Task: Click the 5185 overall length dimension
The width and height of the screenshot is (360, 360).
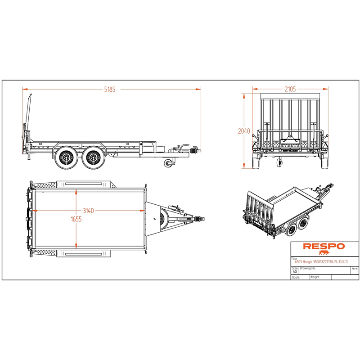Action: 110,89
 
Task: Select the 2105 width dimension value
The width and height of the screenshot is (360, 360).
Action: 290,89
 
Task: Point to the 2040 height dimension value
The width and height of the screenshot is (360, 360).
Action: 244,131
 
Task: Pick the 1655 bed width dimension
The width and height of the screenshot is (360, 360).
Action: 76,220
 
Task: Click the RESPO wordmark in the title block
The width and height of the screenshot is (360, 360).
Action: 324,246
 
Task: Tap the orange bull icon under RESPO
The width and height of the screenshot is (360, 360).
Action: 324,253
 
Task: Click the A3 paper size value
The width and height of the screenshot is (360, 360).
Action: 295,272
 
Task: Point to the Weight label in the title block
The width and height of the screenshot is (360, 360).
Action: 315,277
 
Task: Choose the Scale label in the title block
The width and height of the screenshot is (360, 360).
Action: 296,278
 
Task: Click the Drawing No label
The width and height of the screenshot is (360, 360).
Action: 309,267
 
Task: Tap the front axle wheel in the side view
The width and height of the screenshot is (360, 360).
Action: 92,157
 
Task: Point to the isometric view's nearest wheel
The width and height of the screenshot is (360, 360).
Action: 292,230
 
